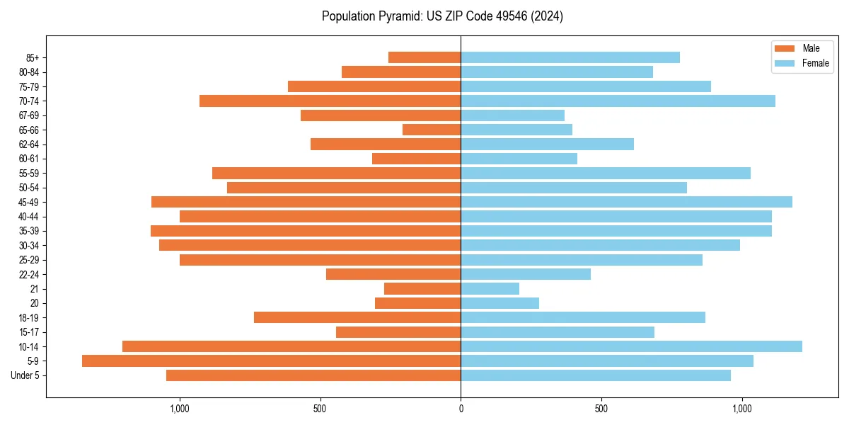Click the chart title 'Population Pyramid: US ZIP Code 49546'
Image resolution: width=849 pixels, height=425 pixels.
tap(442, 16)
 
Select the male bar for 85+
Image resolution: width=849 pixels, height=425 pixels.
tap(424, 57)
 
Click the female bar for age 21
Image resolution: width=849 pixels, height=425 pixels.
tap(490, 288)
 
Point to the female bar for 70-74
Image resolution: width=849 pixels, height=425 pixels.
tap(618, 101)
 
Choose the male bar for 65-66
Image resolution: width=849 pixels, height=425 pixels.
tap(432, 130)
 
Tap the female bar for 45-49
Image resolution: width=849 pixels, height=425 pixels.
tap(626, 202)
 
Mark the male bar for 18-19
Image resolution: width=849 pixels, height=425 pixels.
tap(357, 317)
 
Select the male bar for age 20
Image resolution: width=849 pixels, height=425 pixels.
tap(417, 303)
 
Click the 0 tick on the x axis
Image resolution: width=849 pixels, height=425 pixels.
tap(461, 409)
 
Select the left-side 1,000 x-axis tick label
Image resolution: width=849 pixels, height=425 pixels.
tap(180, 409)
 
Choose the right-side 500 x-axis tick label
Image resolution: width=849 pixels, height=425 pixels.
tap(601, 409)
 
